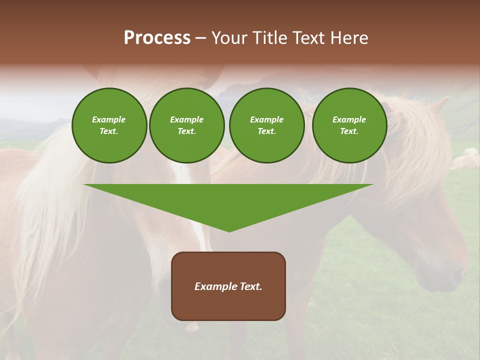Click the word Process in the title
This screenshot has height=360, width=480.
pos(157,38)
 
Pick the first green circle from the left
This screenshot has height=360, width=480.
pos(109,125)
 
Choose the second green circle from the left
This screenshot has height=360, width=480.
pos(187,125)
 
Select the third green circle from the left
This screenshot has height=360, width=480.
pos(267,125)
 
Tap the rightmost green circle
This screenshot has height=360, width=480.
pos(349,125)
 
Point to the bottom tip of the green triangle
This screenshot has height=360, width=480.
pos(229,231)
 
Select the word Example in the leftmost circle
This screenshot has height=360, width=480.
pos(109,119)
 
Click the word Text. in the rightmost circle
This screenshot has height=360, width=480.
pos(349,131)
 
